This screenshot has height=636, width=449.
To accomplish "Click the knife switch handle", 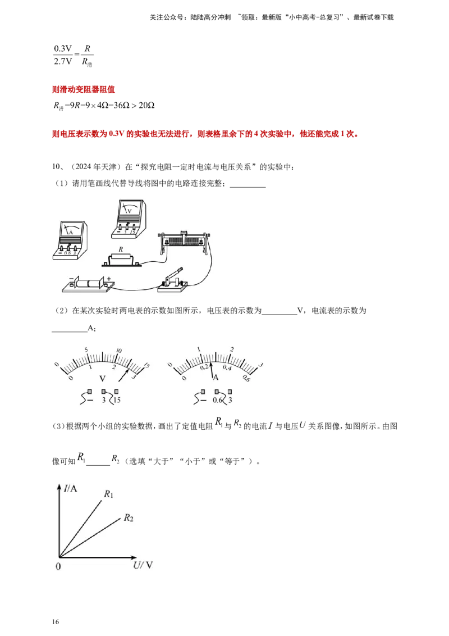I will tap(176, 275).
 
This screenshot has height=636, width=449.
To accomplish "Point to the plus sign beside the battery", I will tap(109, 278).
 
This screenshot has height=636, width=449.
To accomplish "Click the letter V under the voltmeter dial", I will tap(102, 378).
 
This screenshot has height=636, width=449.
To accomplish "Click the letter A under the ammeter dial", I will tap(215, 378).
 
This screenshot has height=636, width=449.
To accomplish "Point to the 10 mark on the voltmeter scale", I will tap(118, 351).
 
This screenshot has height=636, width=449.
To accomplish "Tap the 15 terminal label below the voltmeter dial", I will tap(117, 400).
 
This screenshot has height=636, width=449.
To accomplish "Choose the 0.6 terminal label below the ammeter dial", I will tap(218, 400).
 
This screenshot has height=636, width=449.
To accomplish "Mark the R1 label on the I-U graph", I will tap(108, 494).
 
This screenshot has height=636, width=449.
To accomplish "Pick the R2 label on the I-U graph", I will tap(129, 517).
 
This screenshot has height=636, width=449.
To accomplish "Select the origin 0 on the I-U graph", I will tap(58, 566).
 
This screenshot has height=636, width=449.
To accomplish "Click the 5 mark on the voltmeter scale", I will tap(86, 351).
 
